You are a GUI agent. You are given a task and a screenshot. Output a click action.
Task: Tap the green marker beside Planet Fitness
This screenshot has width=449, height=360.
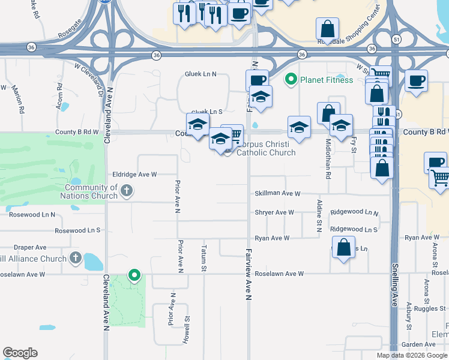pyautogui.click(x=291, y=79)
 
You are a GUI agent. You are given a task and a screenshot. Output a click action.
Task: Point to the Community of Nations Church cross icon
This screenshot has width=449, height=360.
pyautogui.click(x=126, y=191)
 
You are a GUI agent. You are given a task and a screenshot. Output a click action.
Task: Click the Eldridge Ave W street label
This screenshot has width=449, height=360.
pyautogui.click(x=134, y=175)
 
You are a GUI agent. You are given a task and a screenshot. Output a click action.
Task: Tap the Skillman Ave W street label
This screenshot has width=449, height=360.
pyautogui.click(x=277, y=194)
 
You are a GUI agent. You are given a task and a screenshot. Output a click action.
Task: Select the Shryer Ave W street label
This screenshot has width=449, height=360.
pyautogui.click(x=274, y=212)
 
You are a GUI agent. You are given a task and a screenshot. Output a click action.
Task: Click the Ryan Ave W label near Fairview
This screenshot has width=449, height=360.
pyautogui.click(x=272, y=238)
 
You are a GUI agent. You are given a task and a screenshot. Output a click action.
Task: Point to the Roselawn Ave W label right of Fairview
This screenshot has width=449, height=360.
pyautogui.click(x=280, y=274)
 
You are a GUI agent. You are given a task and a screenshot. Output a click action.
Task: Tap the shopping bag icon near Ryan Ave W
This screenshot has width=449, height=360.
pyautogui.click(x=343, y=248)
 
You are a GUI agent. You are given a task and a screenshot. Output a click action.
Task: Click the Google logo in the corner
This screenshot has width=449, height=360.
pyautogui.click(x=20, y=352)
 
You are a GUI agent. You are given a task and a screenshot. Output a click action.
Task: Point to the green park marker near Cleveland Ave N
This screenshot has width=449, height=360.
pyautogui.click(x=134, y=275)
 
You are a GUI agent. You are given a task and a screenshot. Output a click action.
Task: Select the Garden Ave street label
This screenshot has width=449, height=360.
pyautogui.click(x=418, y=344)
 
